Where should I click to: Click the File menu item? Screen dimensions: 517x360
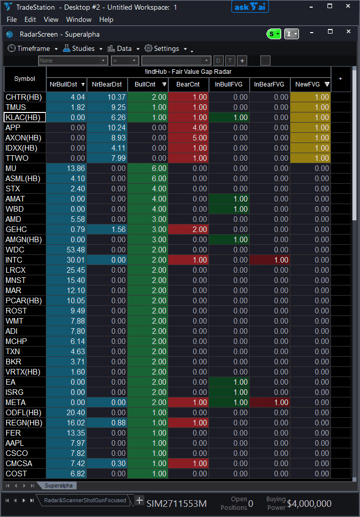pyautogui.click(x=12, y=19)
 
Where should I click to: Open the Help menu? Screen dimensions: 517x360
pyautogui.click(x=106, y=19)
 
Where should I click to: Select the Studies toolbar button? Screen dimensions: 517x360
pyautogui.click(x=79, y=48)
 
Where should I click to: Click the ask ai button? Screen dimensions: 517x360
pyautogui.click(x=250, y=7)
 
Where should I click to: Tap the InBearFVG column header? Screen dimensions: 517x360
pyautogui.click(x=269, y=84)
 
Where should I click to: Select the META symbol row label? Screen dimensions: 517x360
pyautogui.click(x=15, y=403)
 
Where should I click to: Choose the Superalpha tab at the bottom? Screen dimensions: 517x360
pyautogui.click(x=58, y=485)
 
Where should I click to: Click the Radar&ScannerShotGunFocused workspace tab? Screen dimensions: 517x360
pyautogui.click(x=85, y=500)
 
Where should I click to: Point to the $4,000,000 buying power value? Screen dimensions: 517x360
pyautogui.click(x=309, y=504)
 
